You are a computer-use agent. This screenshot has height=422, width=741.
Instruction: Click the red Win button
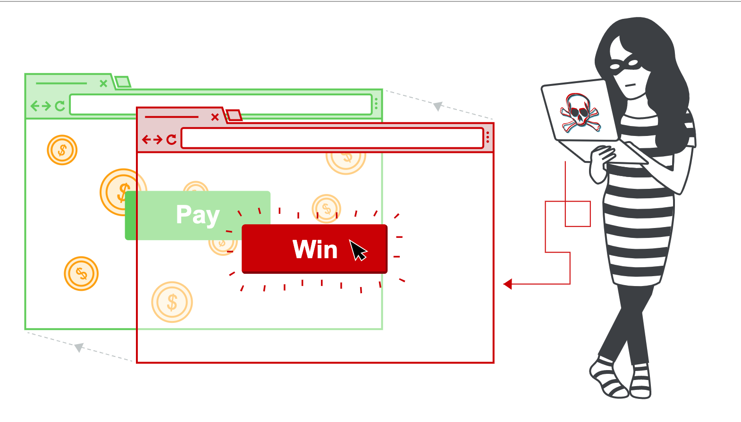tap(314, 249)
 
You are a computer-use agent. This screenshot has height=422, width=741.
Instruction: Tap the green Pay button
tap(198, 215)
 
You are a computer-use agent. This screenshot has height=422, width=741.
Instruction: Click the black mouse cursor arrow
tap(358, 250)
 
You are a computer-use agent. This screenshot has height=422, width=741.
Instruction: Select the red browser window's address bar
tap(332, 138)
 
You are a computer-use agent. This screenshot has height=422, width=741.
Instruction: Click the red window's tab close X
tap(215, 117)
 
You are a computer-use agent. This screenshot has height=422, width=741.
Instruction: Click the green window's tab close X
tap(103, 84)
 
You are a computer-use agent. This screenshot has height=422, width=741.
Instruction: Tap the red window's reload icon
tap(171, 139)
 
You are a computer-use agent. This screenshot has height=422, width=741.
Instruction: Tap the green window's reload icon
tap(60, 106)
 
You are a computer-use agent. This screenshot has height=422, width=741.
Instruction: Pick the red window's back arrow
tap(146, 139)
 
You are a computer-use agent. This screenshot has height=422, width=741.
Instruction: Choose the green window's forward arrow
tap(46, 106)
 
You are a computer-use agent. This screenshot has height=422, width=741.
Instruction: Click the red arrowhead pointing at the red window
tap(508, 284)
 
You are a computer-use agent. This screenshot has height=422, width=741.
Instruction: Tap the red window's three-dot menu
tap(488, 138)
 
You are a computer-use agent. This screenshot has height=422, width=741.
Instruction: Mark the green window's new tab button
tap(123, 82)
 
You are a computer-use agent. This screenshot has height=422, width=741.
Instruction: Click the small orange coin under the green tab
tap(62, 150)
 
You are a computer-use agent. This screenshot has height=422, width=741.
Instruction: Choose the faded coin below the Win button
tap(172, 302)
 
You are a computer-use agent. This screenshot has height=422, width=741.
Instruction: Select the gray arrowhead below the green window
tap(79, 347)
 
